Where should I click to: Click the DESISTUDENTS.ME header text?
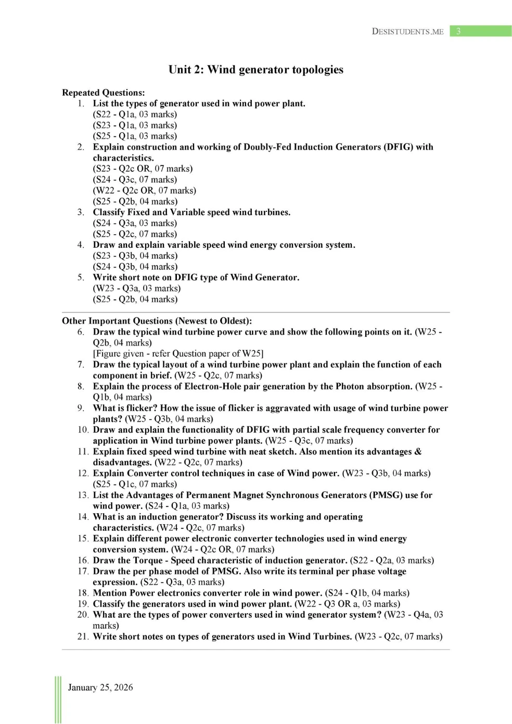[x=407, y=31]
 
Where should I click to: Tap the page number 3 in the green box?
[x=458, y=31]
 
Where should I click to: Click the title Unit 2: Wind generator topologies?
[x=255, y=70]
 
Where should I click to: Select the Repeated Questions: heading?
[x=104, y=93]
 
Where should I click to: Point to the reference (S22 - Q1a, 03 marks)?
[x=135, y=115]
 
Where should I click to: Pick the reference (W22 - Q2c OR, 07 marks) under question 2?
[x=145, y=190]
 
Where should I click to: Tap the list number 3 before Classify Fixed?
[x=81, y=212]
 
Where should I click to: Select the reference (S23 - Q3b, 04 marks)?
[x=135, y=256]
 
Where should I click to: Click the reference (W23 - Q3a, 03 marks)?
[x=137, y=288]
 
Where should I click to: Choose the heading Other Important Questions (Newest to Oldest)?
[x=157, y=321]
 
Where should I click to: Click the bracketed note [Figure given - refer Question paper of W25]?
[x=178, y=354]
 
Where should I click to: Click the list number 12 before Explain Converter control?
[x=83, y=474]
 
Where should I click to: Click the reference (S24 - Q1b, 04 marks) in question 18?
[x=367, y=593]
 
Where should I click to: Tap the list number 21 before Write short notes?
[x=83, y=637]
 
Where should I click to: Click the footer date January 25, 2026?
[x=100, y=688]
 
